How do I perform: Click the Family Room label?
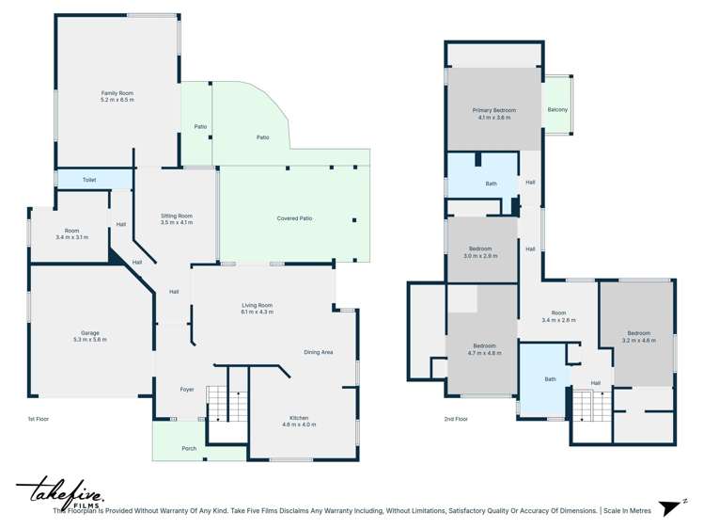pyautogui.click(x=117, y=95)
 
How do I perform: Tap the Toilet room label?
pyautogui.click(x=89, y=180)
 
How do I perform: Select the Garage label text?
pyautogui.click(x=90, y=336)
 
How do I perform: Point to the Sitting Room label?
pyautogui.click(x=177, y=218)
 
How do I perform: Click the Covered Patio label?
pyautogui.click(x=294, y=218)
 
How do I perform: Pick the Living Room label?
pyautogui.click(x=257, y=308)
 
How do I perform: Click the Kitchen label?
pyautogui.click(x=299, y=421)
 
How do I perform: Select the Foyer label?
pyautogui.click(x=187, y=389)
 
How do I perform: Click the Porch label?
pyautogui.click(x=189, y=448)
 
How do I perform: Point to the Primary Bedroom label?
pyautogui.click(x=493, y=113)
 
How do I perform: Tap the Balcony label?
pyautogui.click(x=557, y=110)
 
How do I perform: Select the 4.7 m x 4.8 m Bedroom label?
pyautogui.click(x=485, y=349)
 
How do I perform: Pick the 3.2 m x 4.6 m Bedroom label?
pyautogui.click(x=639, y=336)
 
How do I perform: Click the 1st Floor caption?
pyautogui.click(x=39, y=418)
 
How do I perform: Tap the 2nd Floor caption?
pyautogui.click(x=456, y=418)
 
